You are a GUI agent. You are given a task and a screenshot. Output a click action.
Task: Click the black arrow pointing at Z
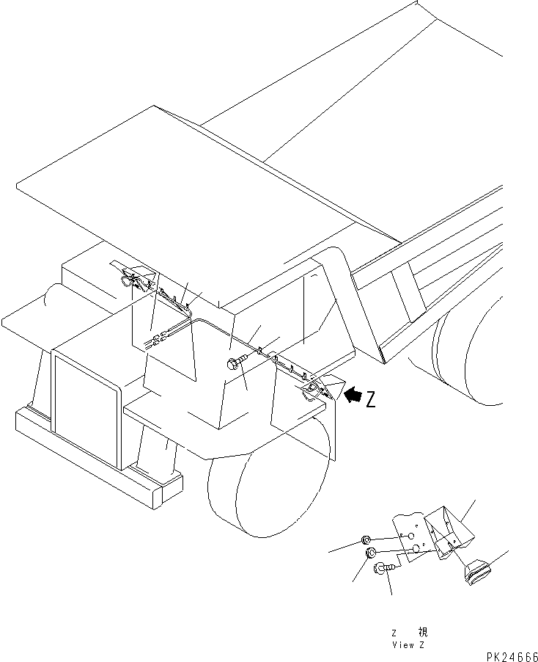pyautogui.click(x=352, y=397)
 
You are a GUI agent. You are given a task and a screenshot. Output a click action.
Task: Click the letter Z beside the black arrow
pyautogui.click(x=371, y=399)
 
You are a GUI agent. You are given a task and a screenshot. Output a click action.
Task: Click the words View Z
pyautogui.click(x=408, y=645)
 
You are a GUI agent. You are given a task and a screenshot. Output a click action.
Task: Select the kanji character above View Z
pyautogui.click(x=422, y=632)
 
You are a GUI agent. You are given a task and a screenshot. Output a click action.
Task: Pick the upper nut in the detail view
pyautogui.click(x=366, y=542)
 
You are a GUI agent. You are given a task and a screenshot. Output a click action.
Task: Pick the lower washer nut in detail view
pyautogui.click(x=371, y=553)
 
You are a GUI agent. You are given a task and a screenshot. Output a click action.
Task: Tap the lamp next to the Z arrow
pyautogui.click(x=312, y=388)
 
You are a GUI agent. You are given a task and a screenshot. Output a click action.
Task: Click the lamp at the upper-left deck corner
pyautogui.click(x=133, y=277)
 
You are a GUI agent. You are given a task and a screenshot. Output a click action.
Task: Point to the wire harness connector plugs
pyautogui.click(x=156, y=340)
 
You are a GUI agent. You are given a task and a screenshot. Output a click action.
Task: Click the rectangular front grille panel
pyautogui.click(x=84, y=407)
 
